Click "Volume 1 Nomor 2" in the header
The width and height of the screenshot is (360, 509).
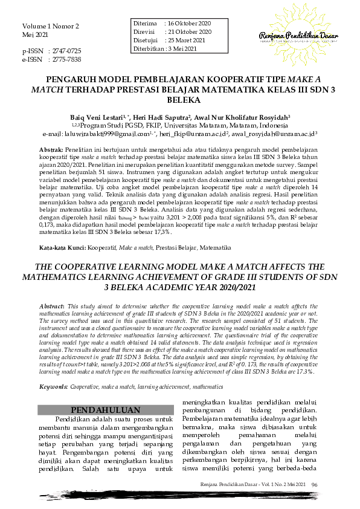coord(51,27)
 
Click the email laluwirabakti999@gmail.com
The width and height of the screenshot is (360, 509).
coord(112,134)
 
